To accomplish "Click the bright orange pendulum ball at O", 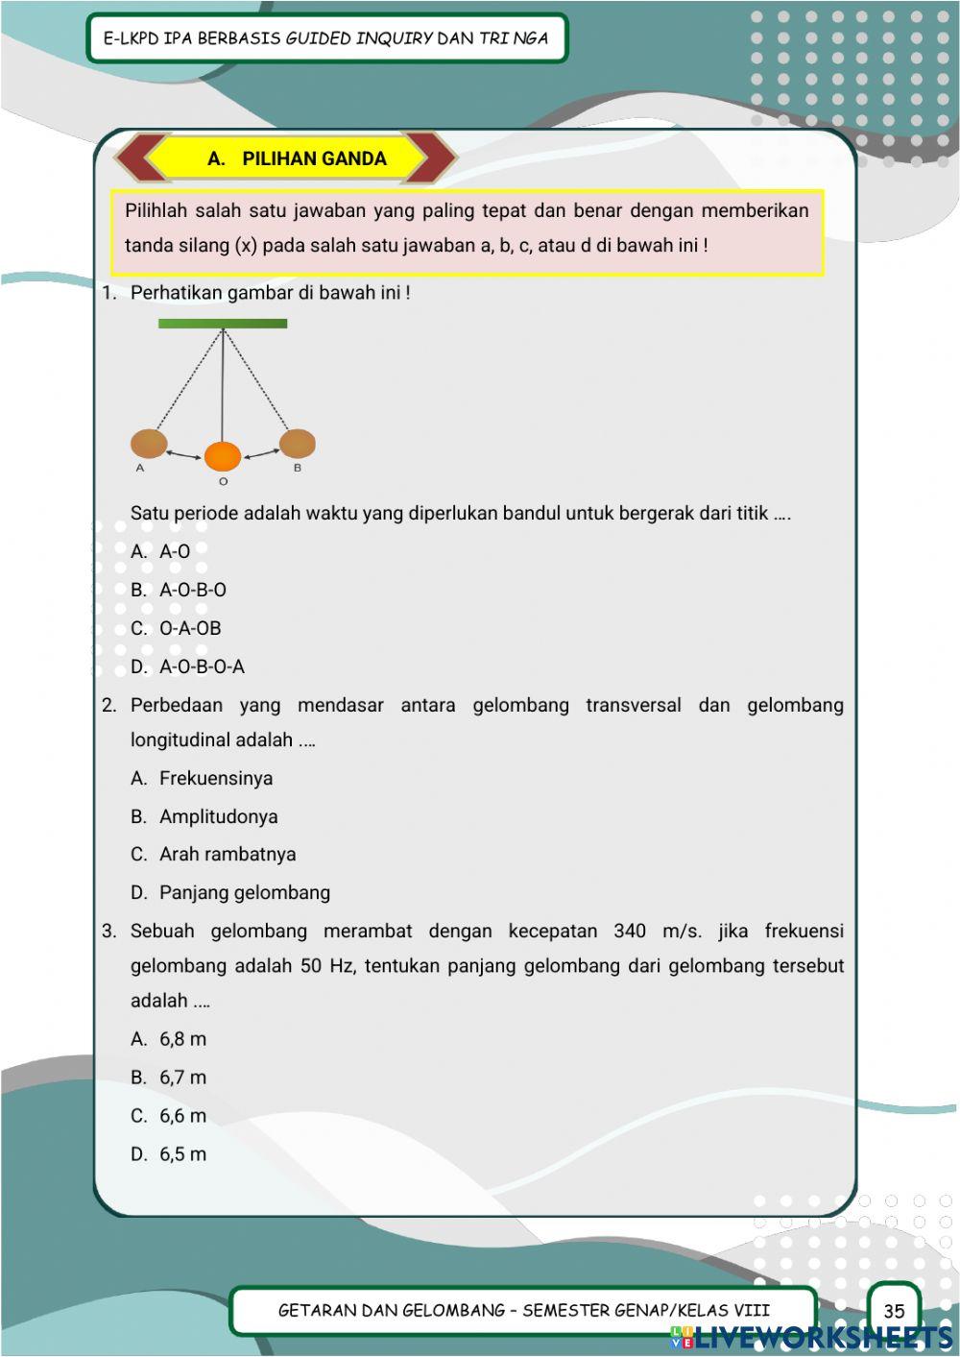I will coord(223,455).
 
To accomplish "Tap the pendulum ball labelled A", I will coord(149,444).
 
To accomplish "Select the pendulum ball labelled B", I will coord(297,444).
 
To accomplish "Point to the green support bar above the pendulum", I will coord(223,324).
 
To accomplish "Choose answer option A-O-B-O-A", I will coord(202,666).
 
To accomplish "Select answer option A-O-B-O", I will coord(192,590).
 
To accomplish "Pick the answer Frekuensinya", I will coord(215,779).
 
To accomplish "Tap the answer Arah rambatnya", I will coord(227,855).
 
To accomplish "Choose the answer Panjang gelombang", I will coord(244,893).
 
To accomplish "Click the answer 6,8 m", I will coord(182,1039).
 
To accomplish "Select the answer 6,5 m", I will coord(182,1154).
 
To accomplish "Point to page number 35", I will coord(894,1311).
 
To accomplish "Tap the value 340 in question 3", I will coord(630,932).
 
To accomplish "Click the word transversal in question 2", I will coord(633,706).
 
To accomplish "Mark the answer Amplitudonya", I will coord(218,817).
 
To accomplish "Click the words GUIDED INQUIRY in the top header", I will coord(359,38).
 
